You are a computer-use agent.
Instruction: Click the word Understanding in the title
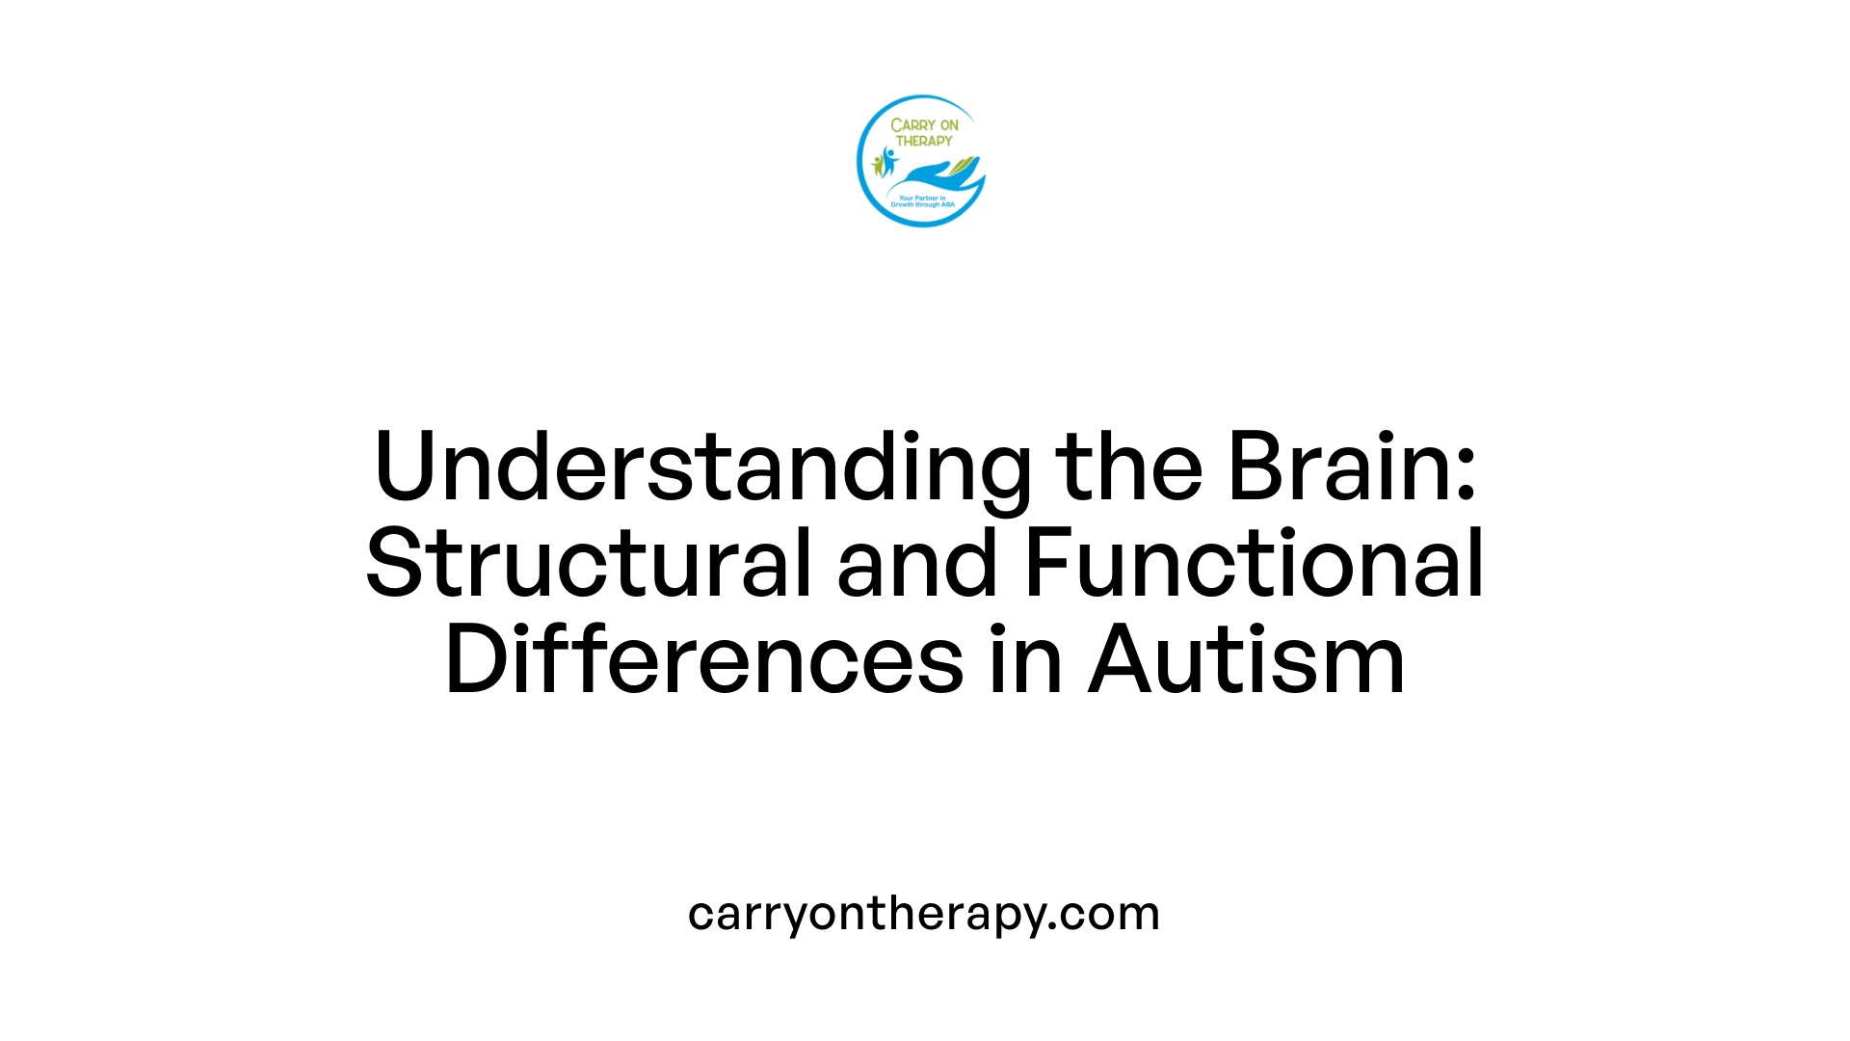click(702, 468)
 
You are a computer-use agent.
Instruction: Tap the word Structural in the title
click(589, 564)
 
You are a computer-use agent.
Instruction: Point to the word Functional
click(1254, 564)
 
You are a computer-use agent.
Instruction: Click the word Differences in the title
click(704, 660)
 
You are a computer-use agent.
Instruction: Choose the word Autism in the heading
click(1247, 660)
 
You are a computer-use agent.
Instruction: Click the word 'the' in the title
click(1128, 468)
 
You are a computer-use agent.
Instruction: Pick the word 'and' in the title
click(916, 564)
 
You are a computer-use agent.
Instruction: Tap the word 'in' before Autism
click(1026, 660)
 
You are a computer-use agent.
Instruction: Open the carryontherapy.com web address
click(924, 913)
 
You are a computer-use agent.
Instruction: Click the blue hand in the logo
click(930, 177)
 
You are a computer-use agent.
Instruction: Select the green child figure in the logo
click(878, 165)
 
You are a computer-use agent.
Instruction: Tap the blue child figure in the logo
click(887, 160)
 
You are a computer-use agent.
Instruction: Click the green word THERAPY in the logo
click(924, 141)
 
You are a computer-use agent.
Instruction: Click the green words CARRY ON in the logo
click(924, 125)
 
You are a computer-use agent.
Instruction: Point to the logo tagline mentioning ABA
click(922, 201)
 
